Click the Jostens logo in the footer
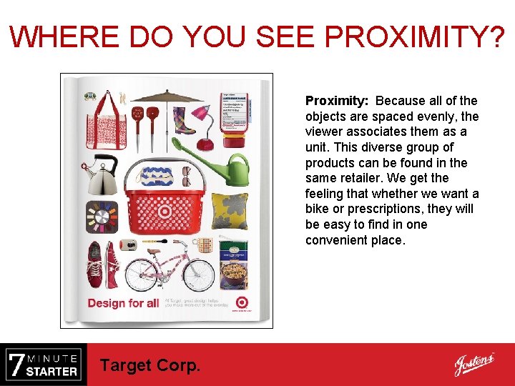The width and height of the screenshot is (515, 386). click(x=474, y=365)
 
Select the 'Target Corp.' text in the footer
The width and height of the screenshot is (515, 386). click(x=150, y=365)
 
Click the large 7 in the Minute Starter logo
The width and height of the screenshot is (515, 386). click(x=16, y=365)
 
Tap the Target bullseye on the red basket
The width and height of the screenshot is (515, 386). click(x=165, y=212)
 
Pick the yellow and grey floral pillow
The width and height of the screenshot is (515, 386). click(x=230, y=211)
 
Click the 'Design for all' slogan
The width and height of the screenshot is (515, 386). click(x=123, y=303)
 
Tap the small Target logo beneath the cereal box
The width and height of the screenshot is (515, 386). click(x=242, y=302)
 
